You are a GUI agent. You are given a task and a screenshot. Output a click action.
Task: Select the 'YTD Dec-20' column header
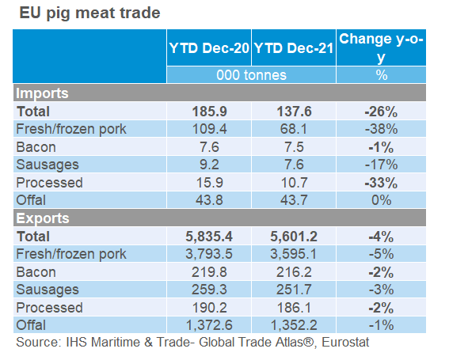pos(209,48)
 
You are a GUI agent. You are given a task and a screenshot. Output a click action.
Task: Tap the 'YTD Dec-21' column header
pos(294,48)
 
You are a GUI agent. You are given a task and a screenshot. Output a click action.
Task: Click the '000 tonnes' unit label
pos(252,75)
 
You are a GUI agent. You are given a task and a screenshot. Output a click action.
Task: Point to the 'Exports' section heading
pos(43,218)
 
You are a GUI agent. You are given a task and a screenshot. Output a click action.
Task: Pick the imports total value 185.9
pos(209,112)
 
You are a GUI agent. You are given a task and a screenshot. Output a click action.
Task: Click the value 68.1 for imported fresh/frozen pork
pos(294,128)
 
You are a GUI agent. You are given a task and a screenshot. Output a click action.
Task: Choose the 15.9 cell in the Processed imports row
pos(209,182)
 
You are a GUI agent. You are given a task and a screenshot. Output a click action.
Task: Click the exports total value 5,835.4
pos(209,236)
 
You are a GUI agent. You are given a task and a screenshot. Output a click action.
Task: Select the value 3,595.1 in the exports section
pos(294,253)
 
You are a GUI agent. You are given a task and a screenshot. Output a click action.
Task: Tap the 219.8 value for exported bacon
pos(209,271)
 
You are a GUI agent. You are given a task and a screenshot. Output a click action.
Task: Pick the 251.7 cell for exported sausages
pos(294,290)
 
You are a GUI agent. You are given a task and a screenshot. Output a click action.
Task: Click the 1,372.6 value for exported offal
pos(209,325)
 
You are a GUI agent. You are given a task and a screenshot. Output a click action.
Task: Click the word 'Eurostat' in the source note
pos(345,343)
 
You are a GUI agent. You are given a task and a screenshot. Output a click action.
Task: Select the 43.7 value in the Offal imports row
pos(294,200)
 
